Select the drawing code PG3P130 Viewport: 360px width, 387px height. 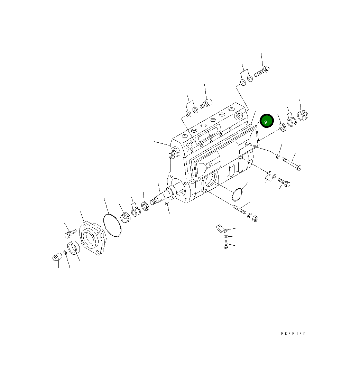click(294, 334)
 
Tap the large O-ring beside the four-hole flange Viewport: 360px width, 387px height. click(112, 226)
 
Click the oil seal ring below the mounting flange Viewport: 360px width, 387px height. click(74, 248)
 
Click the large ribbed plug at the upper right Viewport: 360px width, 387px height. click(303, 115)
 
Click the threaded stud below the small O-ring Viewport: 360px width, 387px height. click(239, 209)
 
